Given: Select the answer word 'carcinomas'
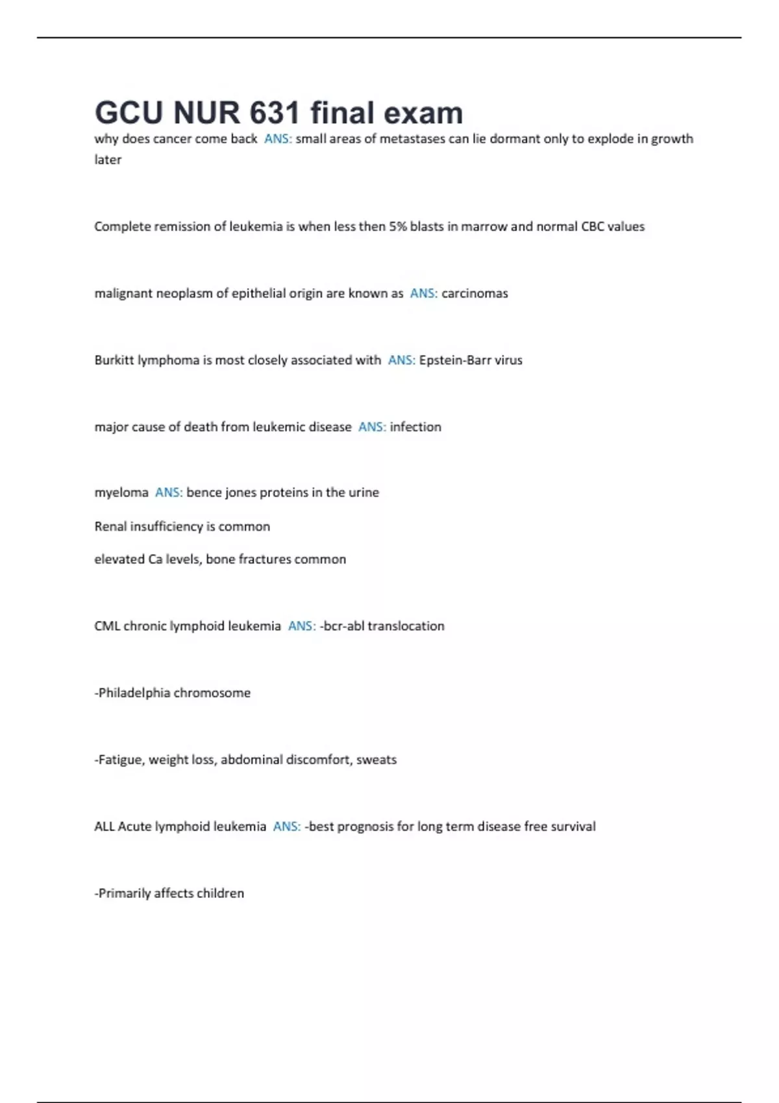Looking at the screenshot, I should click(x=475, y=293).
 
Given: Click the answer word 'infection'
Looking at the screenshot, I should click(x=415, y=427).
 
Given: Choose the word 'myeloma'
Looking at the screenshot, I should click(x=121, y=492).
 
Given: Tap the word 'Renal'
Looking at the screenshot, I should click(x=110, y=526).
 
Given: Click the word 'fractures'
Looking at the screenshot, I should click(x=264, y=559).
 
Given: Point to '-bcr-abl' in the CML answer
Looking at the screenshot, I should click(x=341, y=626).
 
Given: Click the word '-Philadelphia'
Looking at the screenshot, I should click(x=132, y=693).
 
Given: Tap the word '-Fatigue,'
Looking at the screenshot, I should click(x=119, y=760).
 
